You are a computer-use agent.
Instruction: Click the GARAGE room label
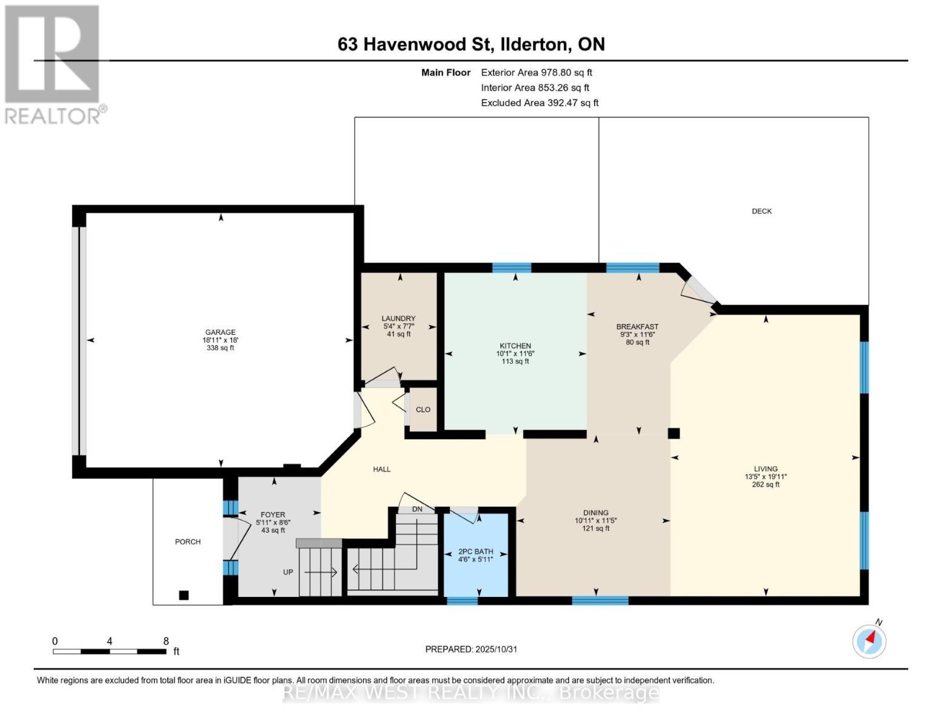[220, 332]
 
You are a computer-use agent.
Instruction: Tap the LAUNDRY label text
[398, 318]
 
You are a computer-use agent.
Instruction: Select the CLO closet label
[423, 409]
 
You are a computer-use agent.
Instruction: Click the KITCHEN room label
[515, 346]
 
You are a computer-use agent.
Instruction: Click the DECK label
[762, 211]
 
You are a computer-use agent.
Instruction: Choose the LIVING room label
[766, 469]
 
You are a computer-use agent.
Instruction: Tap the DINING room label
[596, 513]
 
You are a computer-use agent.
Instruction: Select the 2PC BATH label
[475, 551]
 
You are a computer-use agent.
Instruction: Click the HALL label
[382, 469]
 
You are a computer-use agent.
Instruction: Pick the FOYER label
[273, 515]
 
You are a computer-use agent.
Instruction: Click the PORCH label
[188, 542]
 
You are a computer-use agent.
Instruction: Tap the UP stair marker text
[288, 572]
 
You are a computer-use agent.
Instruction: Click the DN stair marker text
[417, 509]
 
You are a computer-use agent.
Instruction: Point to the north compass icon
[869, 641]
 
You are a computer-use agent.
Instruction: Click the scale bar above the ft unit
[110, 652]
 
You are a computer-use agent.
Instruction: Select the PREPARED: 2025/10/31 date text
[471, 649]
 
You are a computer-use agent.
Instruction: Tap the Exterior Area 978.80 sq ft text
[536, 72]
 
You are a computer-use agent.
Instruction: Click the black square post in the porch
[184, 595]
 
